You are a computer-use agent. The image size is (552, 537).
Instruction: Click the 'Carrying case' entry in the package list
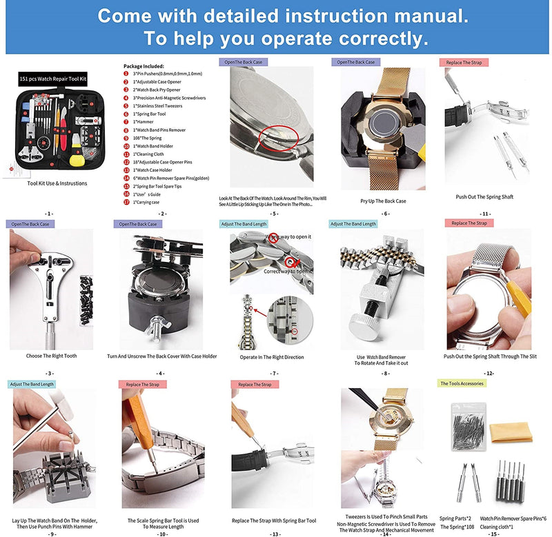(x=148, y=202)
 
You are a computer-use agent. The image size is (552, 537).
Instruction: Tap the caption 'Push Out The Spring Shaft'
(x=484, y=197)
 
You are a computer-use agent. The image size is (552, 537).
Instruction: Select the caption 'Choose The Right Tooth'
(x=51, y=356)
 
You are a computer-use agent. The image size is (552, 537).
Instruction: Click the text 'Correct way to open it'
(x=287, y=272)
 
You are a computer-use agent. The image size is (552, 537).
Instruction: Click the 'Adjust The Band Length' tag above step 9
(x=32, y=384)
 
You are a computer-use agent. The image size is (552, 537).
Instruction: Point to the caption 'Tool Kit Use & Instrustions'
(x=57, y=183)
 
